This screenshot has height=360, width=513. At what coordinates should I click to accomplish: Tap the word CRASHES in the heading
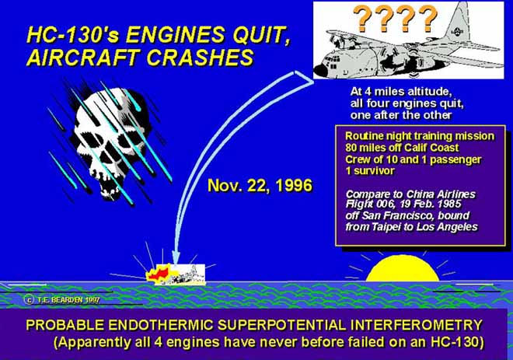click(x=200, y=58)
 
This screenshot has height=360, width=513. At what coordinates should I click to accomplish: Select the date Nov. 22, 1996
click(x=260, y=186)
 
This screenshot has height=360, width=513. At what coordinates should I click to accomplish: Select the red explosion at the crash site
click(x=159, y=273)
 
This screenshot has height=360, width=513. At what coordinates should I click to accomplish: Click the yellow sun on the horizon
click(x=403, y=269)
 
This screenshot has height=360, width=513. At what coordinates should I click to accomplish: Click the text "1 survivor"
click(x=370, y=171)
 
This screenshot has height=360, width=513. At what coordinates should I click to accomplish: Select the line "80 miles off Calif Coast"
click(x=402, y=148)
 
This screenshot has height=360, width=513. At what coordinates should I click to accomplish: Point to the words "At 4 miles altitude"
click(x=401, y=91)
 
